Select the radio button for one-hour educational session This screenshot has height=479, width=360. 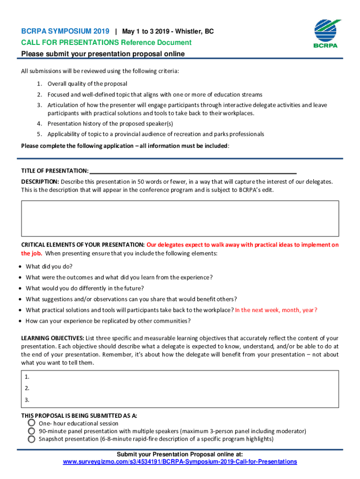31,423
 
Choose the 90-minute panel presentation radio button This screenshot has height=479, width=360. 31,431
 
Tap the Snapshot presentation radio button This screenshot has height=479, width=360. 31,439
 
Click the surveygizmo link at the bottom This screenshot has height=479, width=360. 180,462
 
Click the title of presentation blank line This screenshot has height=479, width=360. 193,171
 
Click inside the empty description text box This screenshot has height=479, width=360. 180,218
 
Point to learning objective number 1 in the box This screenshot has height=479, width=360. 27,377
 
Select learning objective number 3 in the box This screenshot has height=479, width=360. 27,400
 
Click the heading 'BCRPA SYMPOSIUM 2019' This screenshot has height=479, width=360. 65,31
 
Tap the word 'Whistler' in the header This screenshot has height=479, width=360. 189,31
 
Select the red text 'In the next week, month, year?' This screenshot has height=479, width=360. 276,310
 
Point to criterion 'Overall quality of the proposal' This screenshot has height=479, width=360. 87,84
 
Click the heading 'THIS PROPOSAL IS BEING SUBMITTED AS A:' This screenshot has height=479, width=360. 79,415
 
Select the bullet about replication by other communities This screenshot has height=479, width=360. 108,321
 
